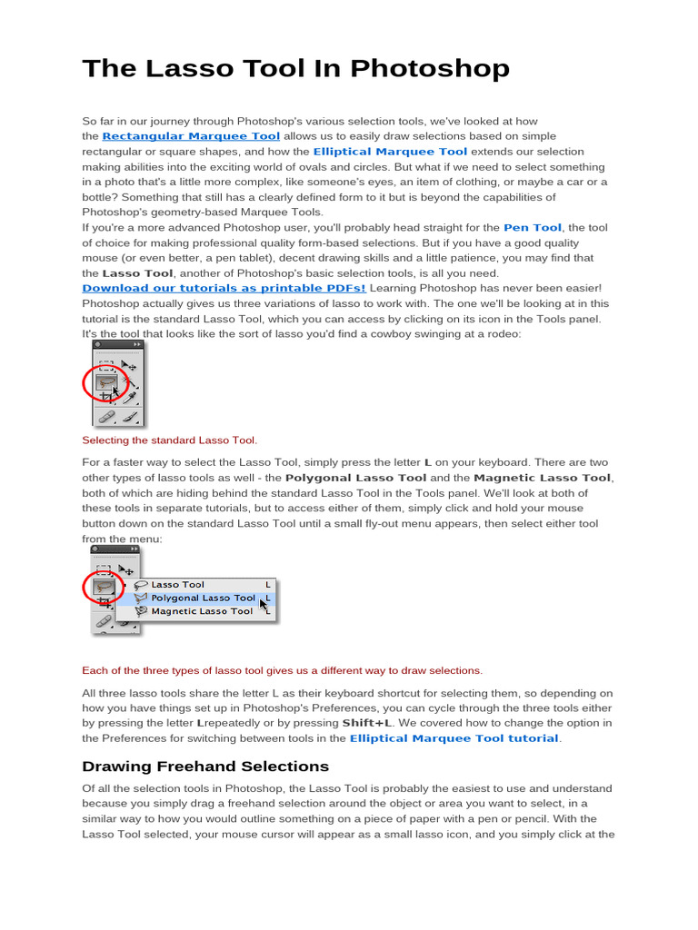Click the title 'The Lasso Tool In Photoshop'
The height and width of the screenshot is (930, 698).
295,69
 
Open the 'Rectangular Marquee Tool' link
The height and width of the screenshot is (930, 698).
191,136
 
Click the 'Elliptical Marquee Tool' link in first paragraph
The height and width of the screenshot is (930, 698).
390,152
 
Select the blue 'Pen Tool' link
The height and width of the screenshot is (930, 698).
532,228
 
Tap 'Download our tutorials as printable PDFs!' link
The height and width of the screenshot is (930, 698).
224,289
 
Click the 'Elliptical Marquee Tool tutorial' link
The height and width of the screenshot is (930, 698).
454,738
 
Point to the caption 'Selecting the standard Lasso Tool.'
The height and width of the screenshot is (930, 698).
170,440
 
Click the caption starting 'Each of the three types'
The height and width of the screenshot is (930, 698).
282,671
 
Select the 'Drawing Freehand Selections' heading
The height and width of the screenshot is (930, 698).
205,767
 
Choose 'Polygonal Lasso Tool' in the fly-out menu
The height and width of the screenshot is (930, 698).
203,599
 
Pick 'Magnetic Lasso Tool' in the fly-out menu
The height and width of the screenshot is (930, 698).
202,611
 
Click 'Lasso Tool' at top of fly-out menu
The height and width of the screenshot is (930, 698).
177,585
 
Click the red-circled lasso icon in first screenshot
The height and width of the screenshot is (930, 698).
106,383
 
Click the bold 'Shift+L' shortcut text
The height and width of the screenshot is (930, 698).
367,723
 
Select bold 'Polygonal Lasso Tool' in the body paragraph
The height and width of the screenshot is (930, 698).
355,478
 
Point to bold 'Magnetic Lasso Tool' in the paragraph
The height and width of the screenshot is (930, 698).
543,478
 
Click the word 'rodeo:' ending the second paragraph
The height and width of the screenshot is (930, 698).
504,334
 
